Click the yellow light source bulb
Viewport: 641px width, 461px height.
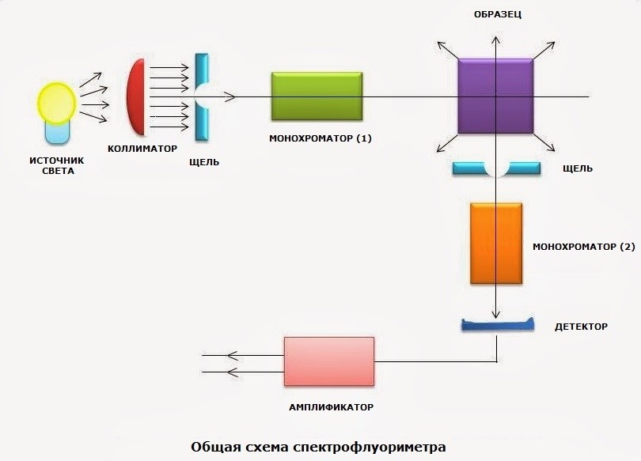[56, 100]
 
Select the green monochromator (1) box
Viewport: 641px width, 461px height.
[317, 96]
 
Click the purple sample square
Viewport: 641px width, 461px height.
[495, 96]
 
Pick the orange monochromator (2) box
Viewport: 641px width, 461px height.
[496, 244]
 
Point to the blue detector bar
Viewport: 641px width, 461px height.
[495, 325]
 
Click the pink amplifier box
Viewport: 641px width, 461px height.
[329, 361]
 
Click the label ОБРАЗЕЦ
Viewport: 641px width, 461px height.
[496, 15]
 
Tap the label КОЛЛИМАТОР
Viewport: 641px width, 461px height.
[142, 149]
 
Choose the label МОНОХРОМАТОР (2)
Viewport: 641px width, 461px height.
[583, 247]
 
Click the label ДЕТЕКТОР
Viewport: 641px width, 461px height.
[580, 326]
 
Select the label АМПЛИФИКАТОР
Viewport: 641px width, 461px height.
[330, 407]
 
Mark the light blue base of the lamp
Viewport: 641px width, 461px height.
[57, 133]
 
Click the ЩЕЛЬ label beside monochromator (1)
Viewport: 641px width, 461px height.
[204, 162]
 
